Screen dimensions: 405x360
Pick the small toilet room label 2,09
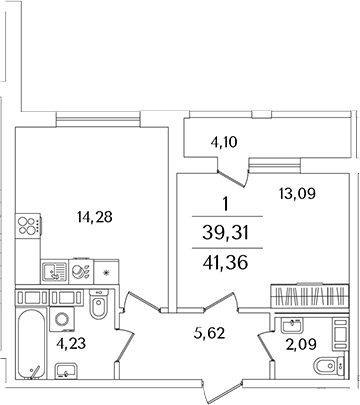coord(296,346)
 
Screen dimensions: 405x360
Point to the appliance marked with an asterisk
coord(105,270)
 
